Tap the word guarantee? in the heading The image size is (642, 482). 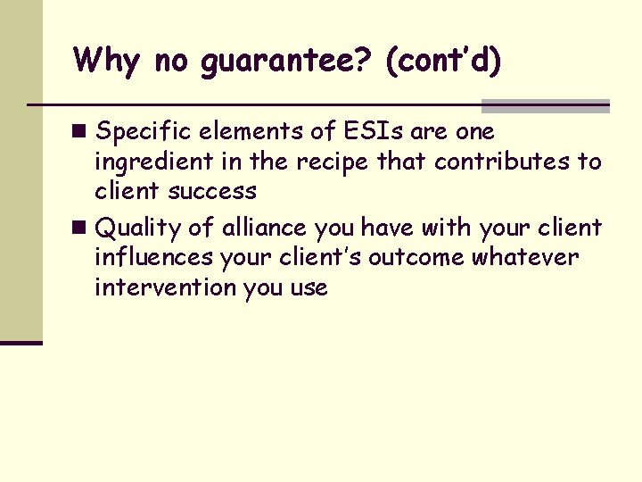[277, 62]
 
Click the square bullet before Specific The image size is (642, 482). [81, 131]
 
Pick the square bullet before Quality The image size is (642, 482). [81, 228]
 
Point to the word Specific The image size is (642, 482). [144, 132]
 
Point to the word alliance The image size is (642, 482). [264, 228]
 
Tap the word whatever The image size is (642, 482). [525, 258]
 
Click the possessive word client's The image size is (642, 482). [320, 258]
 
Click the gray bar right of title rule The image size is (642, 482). [545, 105]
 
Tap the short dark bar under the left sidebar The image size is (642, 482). [21, 342]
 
